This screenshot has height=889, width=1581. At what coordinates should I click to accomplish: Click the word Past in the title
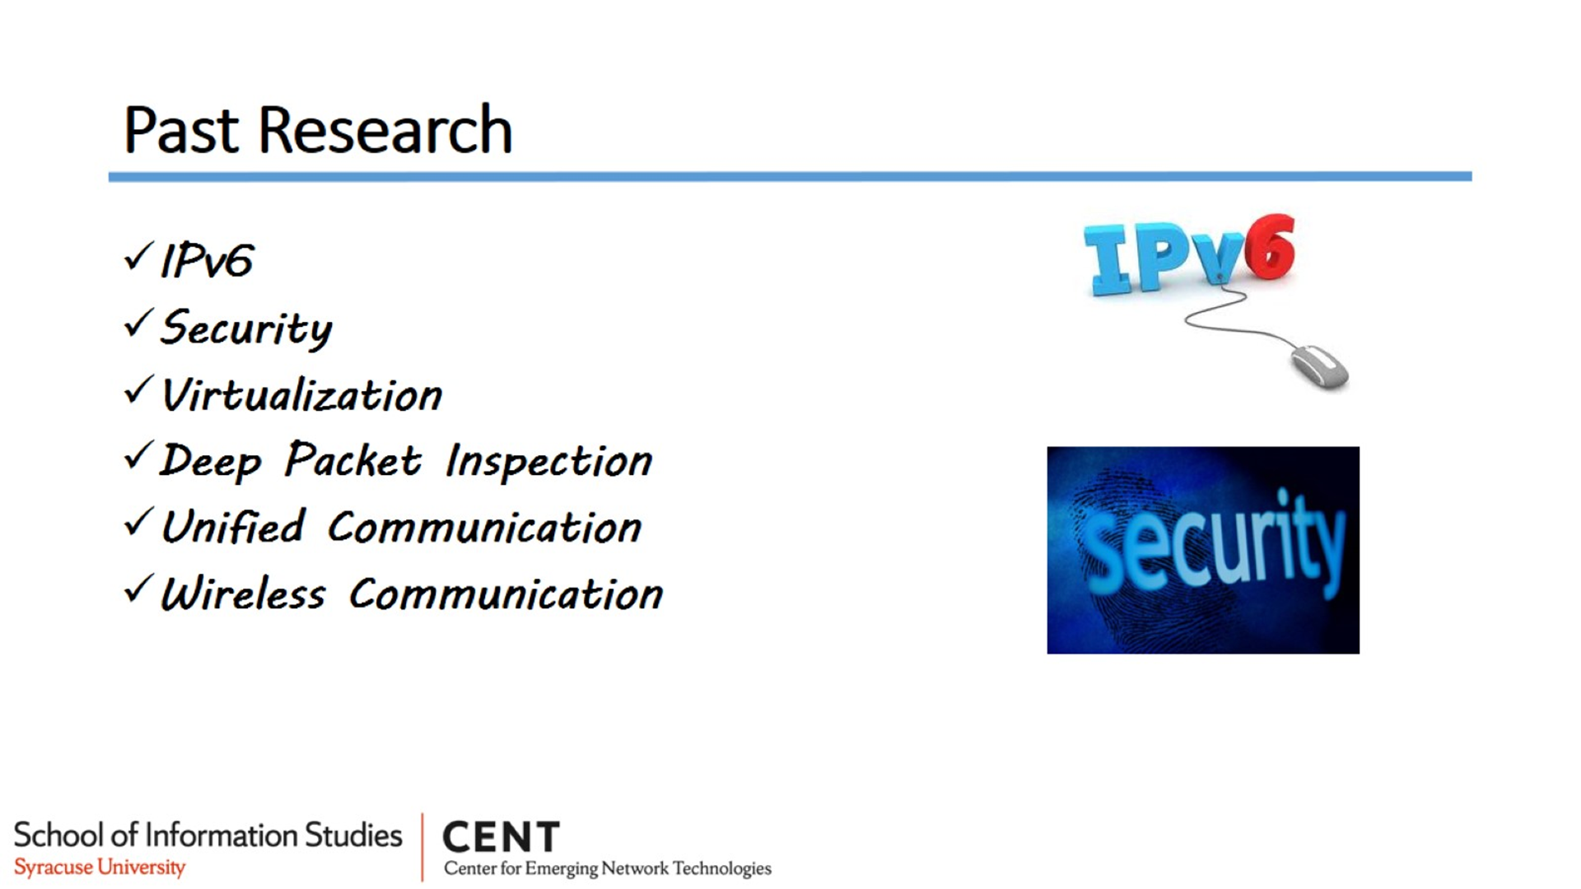(181, 130)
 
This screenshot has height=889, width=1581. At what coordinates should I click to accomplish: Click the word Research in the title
(385, 130)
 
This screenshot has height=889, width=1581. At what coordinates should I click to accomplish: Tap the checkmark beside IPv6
(138, 256)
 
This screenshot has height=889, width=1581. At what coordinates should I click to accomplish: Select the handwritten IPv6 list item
(207, 261)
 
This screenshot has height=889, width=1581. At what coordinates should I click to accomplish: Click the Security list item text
(246, 328)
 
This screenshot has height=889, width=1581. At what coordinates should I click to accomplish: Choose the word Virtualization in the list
(301, 394)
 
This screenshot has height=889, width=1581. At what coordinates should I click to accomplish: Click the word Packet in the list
(353, 459)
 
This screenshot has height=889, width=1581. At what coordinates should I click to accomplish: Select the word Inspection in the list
(548, 461)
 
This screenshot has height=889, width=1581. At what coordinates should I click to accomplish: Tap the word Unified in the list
(233, 527)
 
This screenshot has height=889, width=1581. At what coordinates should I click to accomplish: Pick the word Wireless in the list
(243, 593)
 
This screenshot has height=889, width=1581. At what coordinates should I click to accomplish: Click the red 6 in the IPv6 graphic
(1270, 247)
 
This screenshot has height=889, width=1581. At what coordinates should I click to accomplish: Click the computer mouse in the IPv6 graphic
(1320, 367)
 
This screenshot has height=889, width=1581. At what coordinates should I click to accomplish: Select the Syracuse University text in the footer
(100, 868)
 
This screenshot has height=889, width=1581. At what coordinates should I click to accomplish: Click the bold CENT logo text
(501, 837)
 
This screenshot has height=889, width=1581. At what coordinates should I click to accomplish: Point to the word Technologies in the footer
(722, 869)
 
